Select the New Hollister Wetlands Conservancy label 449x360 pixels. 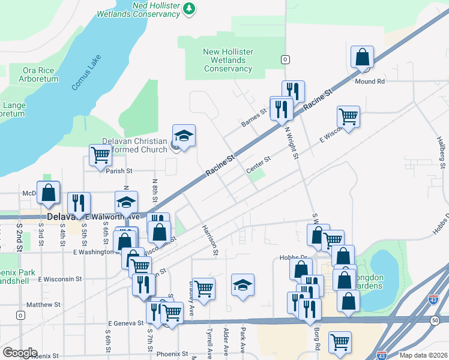(228, 60)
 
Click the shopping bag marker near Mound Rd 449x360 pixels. (363, 58)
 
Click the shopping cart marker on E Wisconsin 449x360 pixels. (348, 116)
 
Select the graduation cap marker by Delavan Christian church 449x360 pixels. (184, 136)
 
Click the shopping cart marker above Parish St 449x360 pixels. (100, 155)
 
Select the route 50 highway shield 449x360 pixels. (434, 322)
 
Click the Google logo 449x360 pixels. (20, 353)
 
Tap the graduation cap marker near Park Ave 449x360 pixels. (243, 285)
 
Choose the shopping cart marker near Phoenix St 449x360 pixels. (340, 341)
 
